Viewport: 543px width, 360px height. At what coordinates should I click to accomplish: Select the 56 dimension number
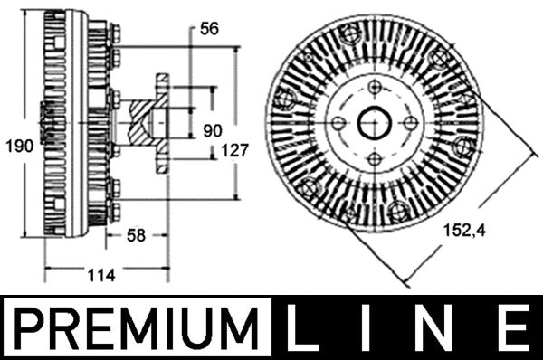point(209,29)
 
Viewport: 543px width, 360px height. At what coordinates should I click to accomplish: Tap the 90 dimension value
point(211,130)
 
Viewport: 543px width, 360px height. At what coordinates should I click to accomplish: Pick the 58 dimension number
point(136,236)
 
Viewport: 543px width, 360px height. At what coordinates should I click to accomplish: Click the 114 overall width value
point(104,276)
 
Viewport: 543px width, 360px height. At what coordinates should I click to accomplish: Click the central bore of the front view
point(374,123)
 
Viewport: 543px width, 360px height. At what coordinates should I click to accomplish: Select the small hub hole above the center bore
point(374,88)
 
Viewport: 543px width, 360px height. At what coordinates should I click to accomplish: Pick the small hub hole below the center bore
point(374,159)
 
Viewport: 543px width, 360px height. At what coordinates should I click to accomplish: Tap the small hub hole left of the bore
point(338,123)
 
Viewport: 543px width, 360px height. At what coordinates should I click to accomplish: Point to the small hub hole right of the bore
point(410,123)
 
